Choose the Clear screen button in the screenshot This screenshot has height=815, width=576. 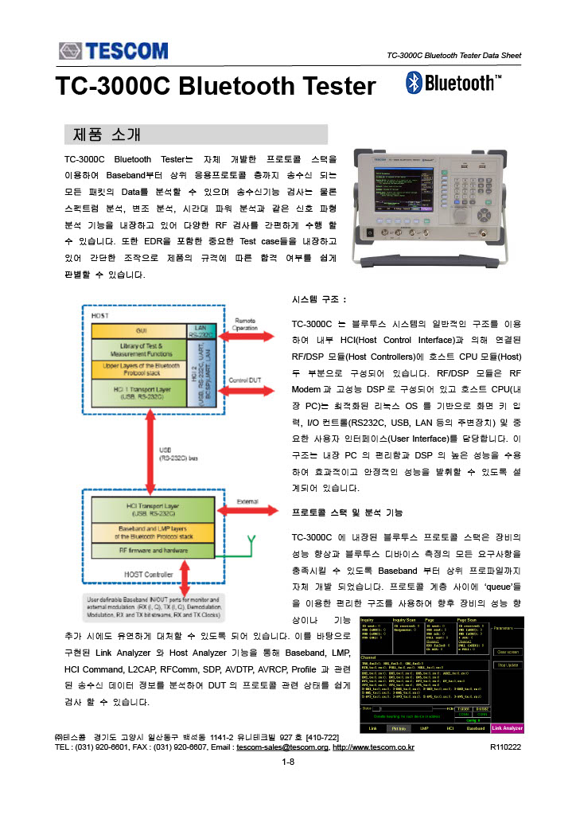point(508,651)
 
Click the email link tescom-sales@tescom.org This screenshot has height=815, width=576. point(282,747)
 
